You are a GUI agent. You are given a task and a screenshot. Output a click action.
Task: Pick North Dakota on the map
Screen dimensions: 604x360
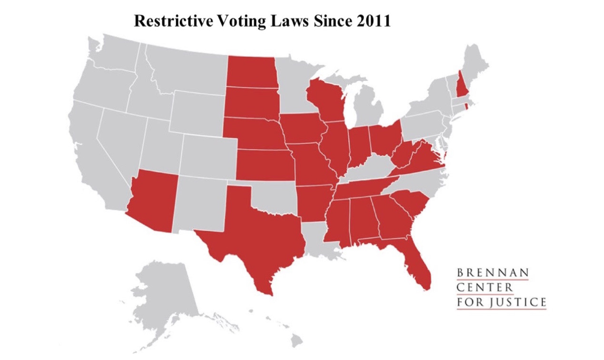tap(251, 72)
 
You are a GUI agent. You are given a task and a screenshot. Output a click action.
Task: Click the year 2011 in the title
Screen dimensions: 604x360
tap(371, 21)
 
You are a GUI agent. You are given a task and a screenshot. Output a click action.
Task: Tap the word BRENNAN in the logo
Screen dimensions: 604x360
tap(492, 273)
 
